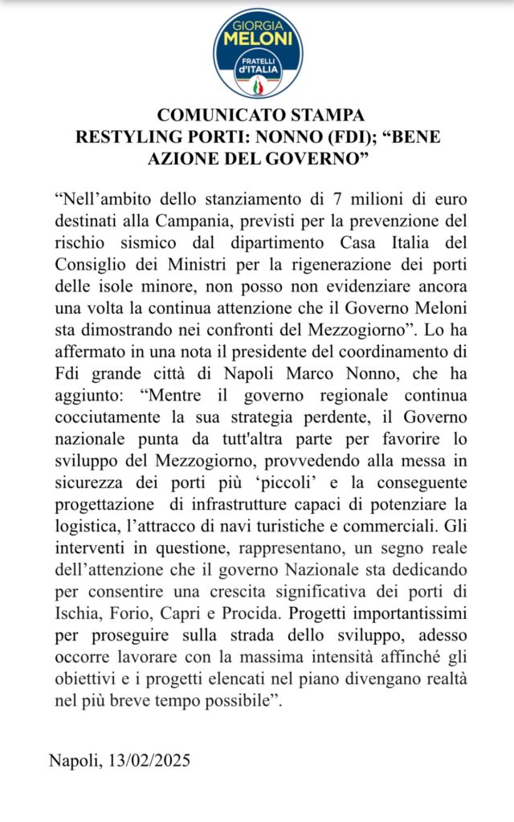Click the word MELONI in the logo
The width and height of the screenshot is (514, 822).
point(257,38)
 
